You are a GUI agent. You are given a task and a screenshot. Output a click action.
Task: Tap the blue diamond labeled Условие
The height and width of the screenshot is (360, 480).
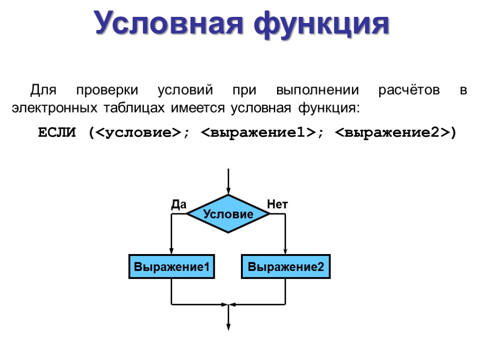[228, 214]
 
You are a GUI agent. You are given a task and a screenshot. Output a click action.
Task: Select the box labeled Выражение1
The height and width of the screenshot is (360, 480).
[172, 267]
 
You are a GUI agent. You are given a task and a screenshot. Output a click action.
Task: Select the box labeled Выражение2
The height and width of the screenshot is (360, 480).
[285, 267]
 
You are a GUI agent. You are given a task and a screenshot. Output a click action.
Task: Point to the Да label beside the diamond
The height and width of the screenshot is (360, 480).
[178, 204]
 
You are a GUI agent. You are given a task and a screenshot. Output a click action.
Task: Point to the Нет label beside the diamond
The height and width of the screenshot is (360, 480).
[277, 204]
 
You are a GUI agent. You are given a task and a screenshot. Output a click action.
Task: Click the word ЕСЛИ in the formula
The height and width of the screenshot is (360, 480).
[56, 133]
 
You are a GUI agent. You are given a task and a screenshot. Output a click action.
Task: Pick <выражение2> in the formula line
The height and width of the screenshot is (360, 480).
[392, 133]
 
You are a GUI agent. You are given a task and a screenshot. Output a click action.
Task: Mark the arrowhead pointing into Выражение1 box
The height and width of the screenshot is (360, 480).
[172, 251]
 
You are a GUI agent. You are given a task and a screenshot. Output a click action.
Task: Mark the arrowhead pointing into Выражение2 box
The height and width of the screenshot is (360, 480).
[285, 251]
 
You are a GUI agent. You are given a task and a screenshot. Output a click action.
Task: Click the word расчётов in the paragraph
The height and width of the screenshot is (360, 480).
[409, 90]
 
